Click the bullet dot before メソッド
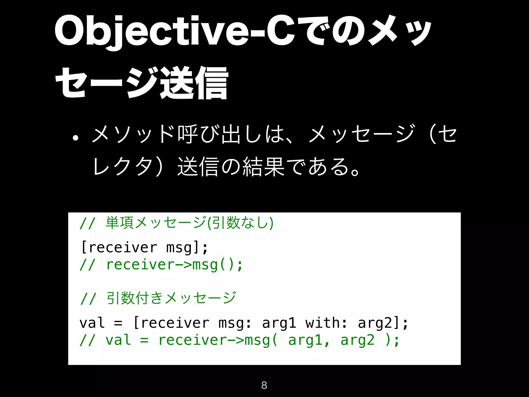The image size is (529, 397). [x=75, y=138]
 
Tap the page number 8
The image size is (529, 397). [x=264, y=385]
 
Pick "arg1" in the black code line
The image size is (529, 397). [x=279, y=323]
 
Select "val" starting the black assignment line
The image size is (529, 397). [x=92, y=323]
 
